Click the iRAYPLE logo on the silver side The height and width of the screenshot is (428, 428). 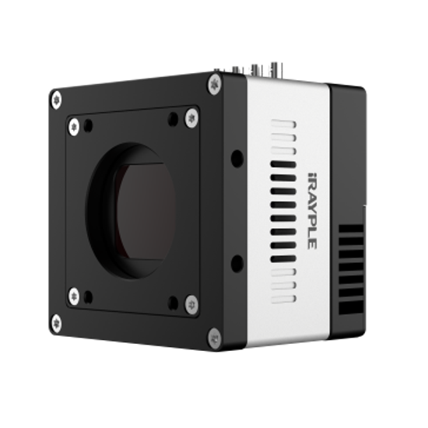tap(312, 211)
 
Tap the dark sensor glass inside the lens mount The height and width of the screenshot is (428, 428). tap(146, 212)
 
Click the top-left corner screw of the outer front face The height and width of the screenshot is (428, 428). tap(57, 100)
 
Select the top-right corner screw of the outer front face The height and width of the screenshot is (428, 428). tap(215, 84)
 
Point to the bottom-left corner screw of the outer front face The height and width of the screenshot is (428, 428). tap(56, 324)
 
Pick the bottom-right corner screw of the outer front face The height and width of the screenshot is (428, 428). tap(215, 339)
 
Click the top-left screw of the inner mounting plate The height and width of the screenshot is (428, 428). tap(74, 127)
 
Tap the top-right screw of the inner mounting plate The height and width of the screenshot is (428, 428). tap(191, 118)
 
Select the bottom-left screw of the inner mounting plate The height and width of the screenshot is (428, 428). tap(74, 296)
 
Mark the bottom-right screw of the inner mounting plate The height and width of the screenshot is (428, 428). tap(191, 304)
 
